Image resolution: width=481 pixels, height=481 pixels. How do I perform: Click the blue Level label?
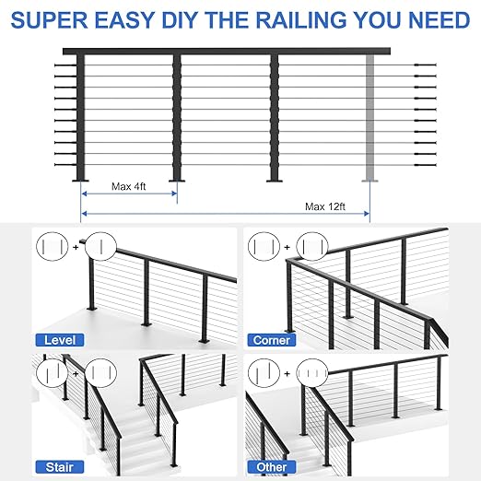(x=59, y=339)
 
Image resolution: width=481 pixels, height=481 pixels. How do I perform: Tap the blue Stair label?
(x=57, y=466)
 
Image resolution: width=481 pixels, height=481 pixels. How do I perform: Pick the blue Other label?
(x=272, y=466)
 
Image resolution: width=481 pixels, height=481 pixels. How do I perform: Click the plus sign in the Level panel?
(x=79, y=246)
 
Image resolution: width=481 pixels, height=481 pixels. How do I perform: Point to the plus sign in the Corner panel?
(x=288, y=246)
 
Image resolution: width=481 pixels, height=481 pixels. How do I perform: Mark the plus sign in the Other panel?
(x=288, y=375)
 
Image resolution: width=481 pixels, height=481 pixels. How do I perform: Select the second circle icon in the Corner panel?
(x=312, y=246)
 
